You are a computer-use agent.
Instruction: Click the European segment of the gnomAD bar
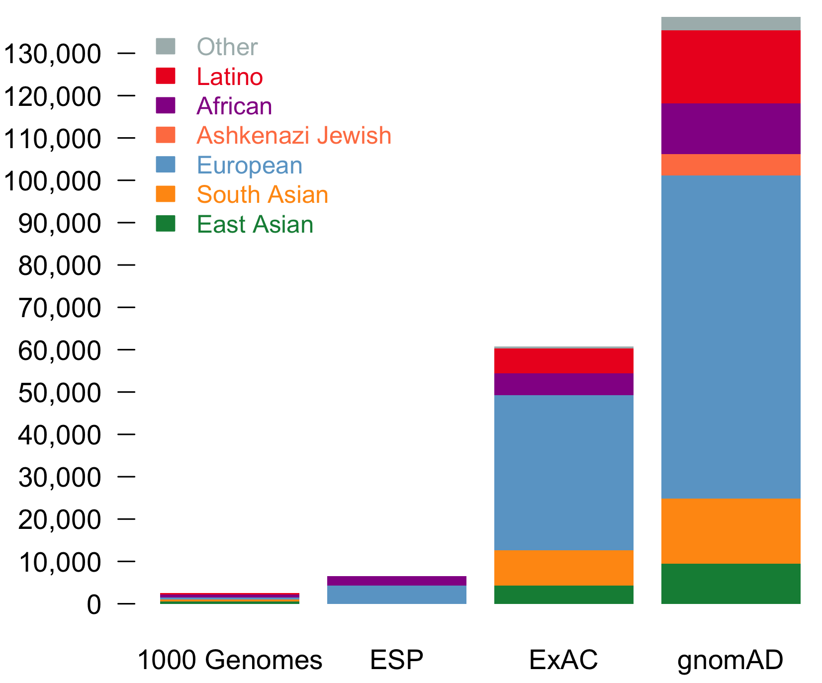pyautogui.click(x=731, y=337)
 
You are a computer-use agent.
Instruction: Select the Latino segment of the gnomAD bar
pyautogui.click(x=731, y=67)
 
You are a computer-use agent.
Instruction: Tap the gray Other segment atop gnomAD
pyautogui.click(x=731, y=23)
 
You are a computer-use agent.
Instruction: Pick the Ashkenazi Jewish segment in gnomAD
pyautogui.click(x=731, y=165)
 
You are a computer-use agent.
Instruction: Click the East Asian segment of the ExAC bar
pyautogui.click(x=563, y=595)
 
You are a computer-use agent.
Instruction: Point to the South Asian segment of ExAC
pyautogui.click(x=563, y=567)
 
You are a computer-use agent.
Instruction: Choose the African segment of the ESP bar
pyautogui.click(x=396, y=581)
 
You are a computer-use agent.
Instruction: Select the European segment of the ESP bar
pyautogui.click(x=396, y=595)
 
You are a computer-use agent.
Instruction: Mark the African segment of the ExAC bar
pyautogui.click(x=563, y=384)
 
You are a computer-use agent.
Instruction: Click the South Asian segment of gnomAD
pyautogui.click(x=731, y=531)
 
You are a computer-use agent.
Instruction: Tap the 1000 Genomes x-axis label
pyautogui.click(x=230, y=660)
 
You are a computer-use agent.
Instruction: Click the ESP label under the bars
pyautogui.click(x=396, y=660)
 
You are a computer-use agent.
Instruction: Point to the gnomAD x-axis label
pyautogui.click(x=730, y=660)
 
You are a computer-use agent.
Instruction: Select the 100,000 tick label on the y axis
pyautogui.click(x=52, y=181)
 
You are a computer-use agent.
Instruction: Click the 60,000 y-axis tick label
pyautogui.click(x=59, y=350)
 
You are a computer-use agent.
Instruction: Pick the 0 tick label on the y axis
pyautogui.click(x=93, y=605)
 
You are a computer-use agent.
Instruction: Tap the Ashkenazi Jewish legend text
pyautogui.click(x=294, y=136)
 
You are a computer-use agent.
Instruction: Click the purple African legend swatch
pyautogui.click(x=166, y=105)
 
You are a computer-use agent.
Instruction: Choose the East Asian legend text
pyautogui.click(x=255, y=224)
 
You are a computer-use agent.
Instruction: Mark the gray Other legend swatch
pyautogui.click(x=166, y=46)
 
